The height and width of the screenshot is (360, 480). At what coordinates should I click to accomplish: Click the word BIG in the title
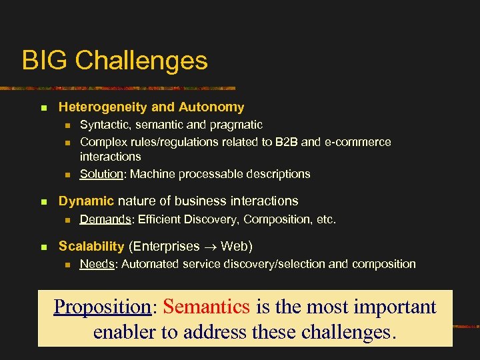45,61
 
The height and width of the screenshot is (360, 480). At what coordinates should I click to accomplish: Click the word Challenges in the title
141,61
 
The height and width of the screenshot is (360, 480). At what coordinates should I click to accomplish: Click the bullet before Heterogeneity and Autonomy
43,107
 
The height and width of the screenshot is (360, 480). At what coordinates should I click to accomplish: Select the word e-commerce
360,142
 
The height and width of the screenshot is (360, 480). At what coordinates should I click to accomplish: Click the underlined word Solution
101,174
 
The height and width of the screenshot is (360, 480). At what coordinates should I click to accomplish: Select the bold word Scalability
91,247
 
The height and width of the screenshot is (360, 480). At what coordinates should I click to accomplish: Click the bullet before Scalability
43,247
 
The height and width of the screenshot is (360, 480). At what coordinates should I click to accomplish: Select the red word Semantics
206,307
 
